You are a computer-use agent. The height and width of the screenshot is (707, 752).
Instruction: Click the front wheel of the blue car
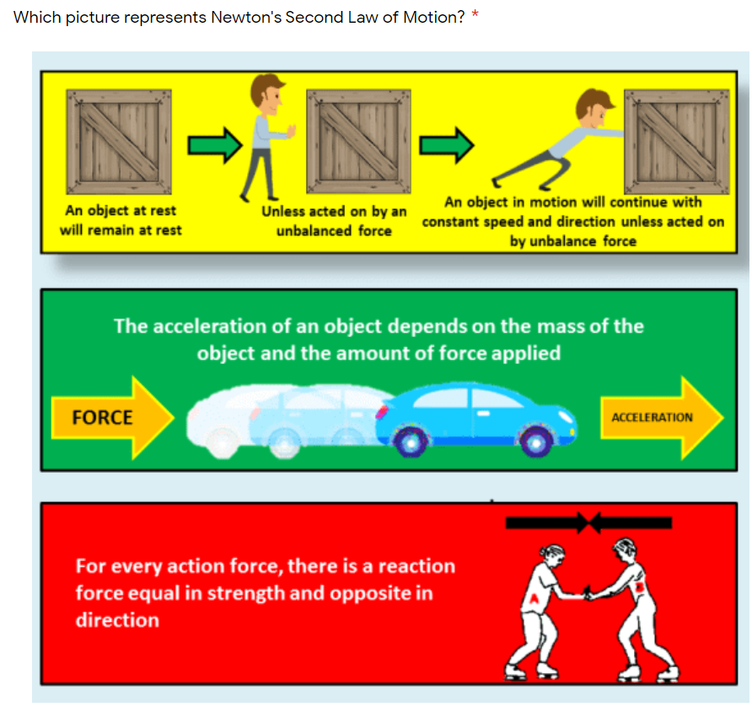(x=535, y=442)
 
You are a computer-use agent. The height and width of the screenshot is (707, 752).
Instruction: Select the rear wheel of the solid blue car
(x=411, y=442)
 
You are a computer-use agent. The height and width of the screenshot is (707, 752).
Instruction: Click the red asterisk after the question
(x=475, y=13)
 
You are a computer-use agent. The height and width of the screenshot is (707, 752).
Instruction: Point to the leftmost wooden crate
(x=119, y=142)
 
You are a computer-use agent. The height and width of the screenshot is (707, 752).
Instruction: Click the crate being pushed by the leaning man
(x=677, y=142)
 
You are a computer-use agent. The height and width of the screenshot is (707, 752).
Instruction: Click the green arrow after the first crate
(x=215, y=145)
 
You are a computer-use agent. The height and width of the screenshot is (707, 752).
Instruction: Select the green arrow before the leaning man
(x=447, y=145)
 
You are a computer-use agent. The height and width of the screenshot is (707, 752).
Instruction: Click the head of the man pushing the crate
(x=594, y=109)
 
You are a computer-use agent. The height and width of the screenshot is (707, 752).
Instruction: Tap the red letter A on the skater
(x=534, y=598)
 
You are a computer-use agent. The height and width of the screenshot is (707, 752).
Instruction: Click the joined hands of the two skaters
(x=587, y=594)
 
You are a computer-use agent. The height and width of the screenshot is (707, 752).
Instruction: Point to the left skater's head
(x=552, y=555)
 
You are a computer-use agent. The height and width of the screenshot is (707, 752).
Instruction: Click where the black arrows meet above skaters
(x=589, y=522)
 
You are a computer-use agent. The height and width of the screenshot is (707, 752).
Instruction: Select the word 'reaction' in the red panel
(x=416, y=566)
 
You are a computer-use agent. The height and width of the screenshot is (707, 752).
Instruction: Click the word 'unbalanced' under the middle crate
(x=314, y=231)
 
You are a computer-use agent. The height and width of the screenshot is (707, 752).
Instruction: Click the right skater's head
(x=625, y=549)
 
